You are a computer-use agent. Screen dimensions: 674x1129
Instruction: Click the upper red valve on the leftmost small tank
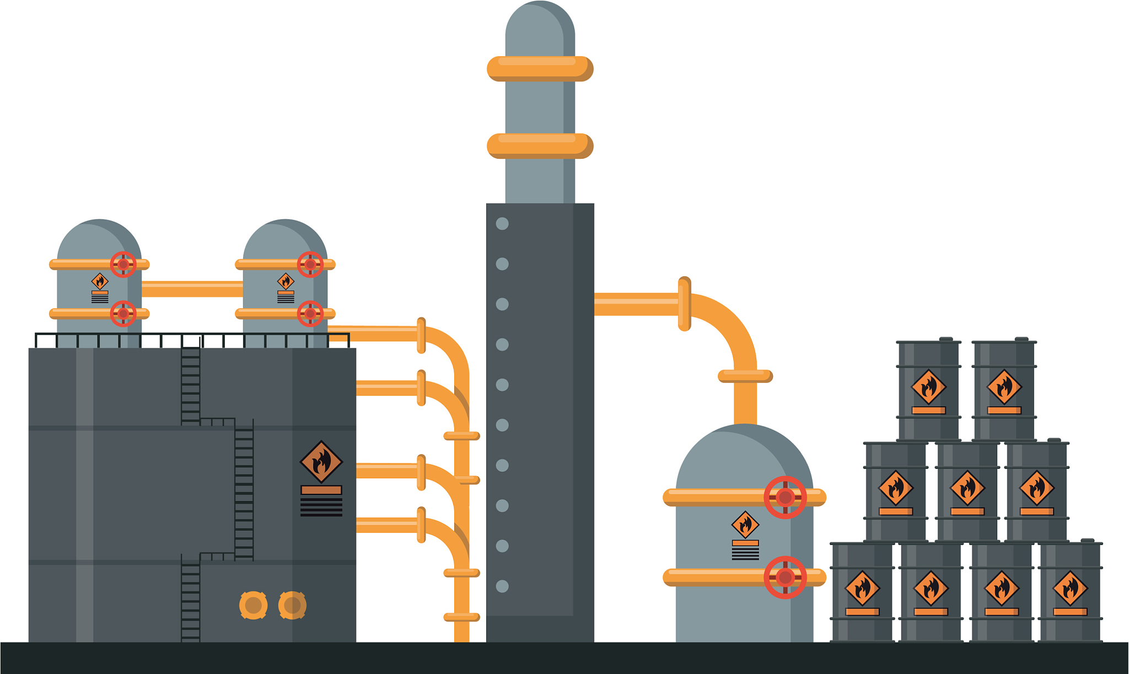(123, 265)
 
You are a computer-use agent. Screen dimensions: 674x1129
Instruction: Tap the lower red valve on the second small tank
(310, 314)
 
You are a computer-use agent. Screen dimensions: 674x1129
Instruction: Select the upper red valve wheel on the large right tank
(785, 497)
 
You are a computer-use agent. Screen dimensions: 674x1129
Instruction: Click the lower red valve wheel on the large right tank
(785, 577)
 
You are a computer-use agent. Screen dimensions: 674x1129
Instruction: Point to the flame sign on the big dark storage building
(321, 462)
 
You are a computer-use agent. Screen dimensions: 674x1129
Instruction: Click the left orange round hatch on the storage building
(253, 605)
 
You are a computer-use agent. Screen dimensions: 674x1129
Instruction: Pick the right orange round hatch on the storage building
(292, 605)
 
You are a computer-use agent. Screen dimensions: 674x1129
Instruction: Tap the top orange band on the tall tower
(540, 69)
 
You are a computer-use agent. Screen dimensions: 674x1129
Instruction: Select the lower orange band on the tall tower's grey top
(540, 146)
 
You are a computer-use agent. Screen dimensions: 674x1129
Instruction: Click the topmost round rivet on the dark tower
(502, 224)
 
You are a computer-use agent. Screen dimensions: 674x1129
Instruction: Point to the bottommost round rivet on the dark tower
(502, 586)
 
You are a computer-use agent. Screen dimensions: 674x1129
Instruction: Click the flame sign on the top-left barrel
(929, 387)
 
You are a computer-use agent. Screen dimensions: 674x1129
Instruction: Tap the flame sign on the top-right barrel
(1004, 387)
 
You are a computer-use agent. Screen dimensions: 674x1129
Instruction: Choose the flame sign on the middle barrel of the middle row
(967, 488)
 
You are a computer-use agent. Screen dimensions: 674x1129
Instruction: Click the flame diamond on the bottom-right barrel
(1070, 589)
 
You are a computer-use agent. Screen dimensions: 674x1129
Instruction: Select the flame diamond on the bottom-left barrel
(862, 589)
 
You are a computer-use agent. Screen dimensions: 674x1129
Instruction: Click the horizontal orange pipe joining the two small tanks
(192, 289)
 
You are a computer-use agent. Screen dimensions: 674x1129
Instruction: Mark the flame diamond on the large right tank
(745, 525)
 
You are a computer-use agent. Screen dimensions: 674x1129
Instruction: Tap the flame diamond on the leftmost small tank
(100, 282)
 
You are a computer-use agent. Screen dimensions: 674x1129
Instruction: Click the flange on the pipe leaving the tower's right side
(684, 304)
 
